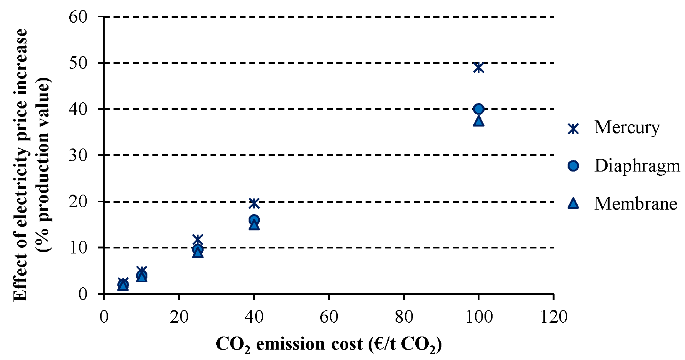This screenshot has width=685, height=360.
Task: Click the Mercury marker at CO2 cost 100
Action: tap(478, 67)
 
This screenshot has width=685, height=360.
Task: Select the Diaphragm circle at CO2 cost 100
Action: tap(478, 109)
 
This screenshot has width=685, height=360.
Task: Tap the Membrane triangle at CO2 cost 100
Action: tap(478, 121)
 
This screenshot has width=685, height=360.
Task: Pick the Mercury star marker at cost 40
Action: tap(254, 203)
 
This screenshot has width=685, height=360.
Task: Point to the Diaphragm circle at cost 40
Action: tap(254, 220)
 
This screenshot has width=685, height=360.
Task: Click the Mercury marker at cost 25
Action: tap(197, 239)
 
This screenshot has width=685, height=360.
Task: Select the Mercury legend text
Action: tap(627, 128)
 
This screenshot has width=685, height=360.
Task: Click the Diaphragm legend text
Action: tap(637, 166)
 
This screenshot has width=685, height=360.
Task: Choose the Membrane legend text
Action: tap(635, 204)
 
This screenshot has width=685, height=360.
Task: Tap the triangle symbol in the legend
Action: tap(573, 203)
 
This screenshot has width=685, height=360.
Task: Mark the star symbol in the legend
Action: tap(573, 128)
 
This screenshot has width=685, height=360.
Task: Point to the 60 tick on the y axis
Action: tap(79, 17)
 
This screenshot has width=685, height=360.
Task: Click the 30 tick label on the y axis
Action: tap(79, 155)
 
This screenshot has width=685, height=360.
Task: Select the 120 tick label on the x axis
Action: tap(553, 317)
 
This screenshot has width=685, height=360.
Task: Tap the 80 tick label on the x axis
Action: tap(404, 317)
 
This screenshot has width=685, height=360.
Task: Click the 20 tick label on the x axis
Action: tap(179, 317)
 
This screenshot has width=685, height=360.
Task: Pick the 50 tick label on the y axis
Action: tap(79, 63)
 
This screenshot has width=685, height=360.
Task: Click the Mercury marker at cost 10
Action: tap(142, 271)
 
